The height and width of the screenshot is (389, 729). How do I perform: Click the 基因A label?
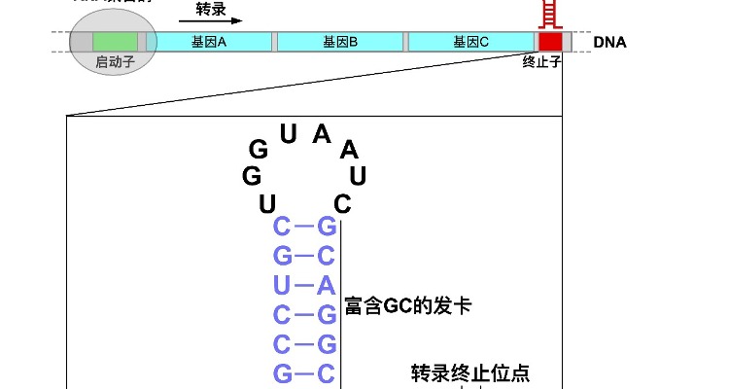click(209, 42)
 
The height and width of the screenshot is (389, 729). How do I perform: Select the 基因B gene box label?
click(340, 42)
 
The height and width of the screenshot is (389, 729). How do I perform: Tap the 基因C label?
click(471, 42)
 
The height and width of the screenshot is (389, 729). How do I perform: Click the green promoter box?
click(116, 42)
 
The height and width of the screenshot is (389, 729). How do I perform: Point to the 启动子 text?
click(116, 62)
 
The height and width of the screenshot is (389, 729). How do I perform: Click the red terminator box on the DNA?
click(550, 42)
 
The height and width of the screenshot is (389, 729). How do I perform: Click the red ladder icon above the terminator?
click(550, 14)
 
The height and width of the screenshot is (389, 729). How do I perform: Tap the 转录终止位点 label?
click(470, 373)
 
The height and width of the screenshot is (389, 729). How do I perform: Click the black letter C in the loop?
click(341, 204)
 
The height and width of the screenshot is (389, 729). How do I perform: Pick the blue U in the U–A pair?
click(282, 286)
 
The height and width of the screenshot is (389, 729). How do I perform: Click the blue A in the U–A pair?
click(327, 286)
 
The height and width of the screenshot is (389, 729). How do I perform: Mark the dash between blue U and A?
click(304, 286)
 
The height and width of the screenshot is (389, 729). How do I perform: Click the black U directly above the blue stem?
click(268, 204)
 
